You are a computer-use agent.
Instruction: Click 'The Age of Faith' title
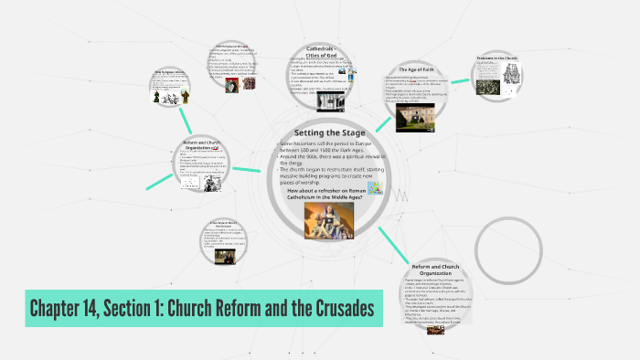tap(421, 69)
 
